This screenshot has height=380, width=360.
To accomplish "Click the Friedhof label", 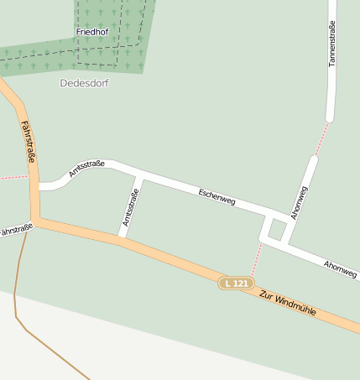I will pyautogui.click(x=92, y=31).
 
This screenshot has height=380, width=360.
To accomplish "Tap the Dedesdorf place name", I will pyautogui.click(x=85, y=83).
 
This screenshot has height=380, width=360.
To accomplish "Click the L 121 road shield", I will pyautogui.click(x=237, y=284).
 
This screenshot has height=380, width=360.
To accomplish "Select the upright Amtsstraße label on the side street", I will pyautogui.click(x=130, y=207).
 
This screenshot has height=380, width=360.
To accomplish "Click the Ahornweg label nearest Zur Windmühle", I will pyautogui.click(x=340, y=268).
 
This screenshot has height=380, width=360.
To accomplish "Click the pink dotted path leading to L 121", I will pyautogui.click(x=255, y=261).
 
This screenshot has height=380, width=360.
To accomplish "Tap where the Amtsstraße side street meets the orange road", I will pyautogui.click(x=122, y=237).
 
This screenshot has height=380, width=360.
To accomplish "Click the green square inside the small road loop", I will pyautogui.click(x=275, y=228).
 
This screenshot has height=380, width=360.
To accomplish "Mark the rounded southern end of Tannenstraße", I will pyautogui.click(x=330, y=117).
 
